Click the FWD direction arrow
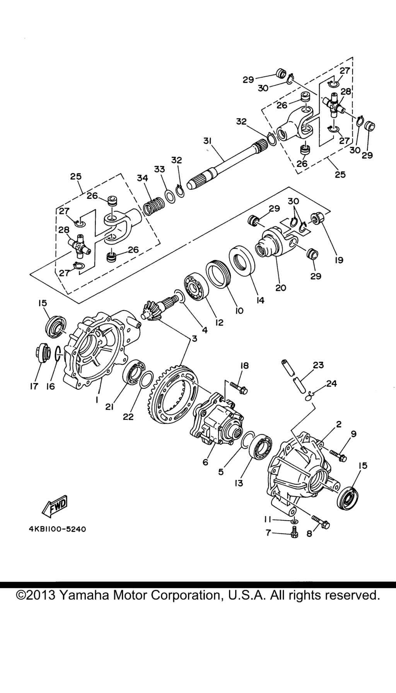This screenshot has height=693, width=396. click(55, 506)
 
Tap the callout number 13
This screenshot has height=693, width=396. click(239, 483)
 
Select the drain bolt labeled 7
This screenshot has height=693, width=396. click(294, 534)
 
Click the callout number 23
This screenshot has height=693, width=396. click(318, 365)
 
